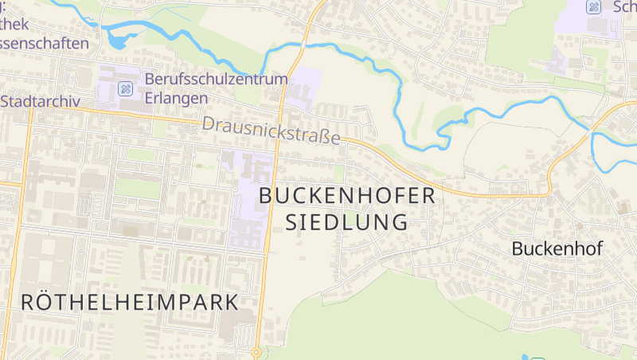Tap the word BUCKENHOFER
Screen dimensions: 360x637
pyautogui.click(x=348, y=195)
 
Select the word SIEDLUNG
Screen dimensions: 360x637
pyautogui.click(x=346, y=221)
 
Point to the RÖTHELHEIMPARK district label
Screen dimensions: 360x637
pyautogui.click(x=130, y=303)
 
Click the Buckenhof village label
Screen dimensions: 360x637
pyautogui.click(x=557, y=248)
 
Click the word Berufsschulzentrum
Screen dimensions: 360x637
pyautogui.click(x=215, y=80)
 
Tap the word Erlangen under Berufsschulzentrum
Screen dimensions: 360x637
pyautogui.click(x=176, y=97)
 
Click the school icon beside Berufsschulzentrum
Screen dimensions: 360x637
pyautogui.click(x=125, y=88)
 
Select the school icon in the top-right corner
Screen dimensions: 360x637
pyautogui.click(x=593, y=7)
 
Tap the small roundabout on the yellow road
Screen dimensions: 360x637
pyautogui.click(x=256, y=351)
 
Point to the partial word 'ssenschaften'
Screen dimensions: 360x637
pyautogui.click(x=44, y=42)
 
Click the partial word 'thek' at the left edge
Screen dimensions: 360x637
pyautogui.click(x=16, y=25)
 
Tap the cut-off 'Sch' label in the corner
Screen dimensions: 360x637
pyautogui.click(x=624, y=7)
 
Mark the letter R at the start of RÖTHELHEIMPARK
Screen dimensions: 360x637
pyautogui.click(x=28, y=303)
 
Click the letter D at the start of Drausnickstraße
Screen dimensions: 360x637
pyautogui.click(x=209, y=123)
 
